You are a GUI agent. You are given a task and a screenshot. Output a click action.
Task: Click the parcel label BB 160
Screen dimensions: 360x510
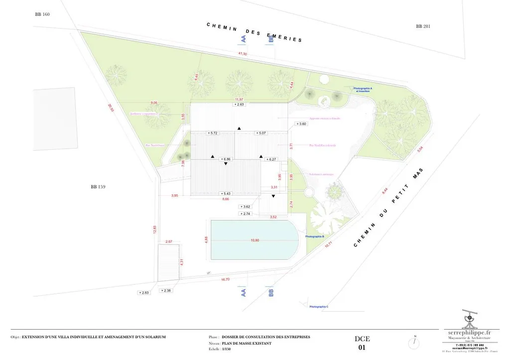tap(42, 14)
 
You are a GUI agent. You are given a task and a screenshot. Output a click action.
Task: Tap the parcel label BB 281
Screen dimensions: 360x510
tap(423, 26)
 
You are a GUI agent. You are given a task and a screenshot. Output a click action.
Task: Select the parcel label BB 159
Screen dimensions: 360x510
tap(98, 187)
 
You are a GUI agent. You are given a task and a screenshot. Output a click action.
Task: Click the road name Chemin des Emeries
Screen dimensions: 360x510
tap(255, 32)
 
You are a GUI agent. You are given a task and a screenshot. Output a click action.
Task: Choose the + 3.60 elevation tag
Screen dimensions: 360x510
tap(301, 123)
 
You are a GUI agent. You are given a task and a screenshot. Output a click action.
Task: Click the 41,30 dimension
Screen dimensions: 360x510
tap(243, 53)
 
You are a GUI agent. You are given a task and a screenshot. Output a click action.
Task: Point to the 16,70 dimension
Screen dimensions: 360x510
tap(225, 279)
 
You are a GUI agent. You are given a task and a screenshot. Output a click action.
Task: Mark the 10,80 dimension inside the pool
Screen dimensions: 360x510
tap(255, 240)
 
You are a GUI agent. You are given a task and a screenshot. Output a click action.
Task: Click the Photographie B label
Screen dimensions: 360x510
tap(315, 237)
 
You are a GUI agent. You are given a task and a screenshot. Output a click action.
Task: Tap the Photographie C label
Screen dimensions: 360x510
tap(319, 307)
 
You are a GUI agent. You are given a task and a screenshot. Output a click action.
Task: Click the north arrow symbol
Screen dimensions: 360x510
tap(414, 342)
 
